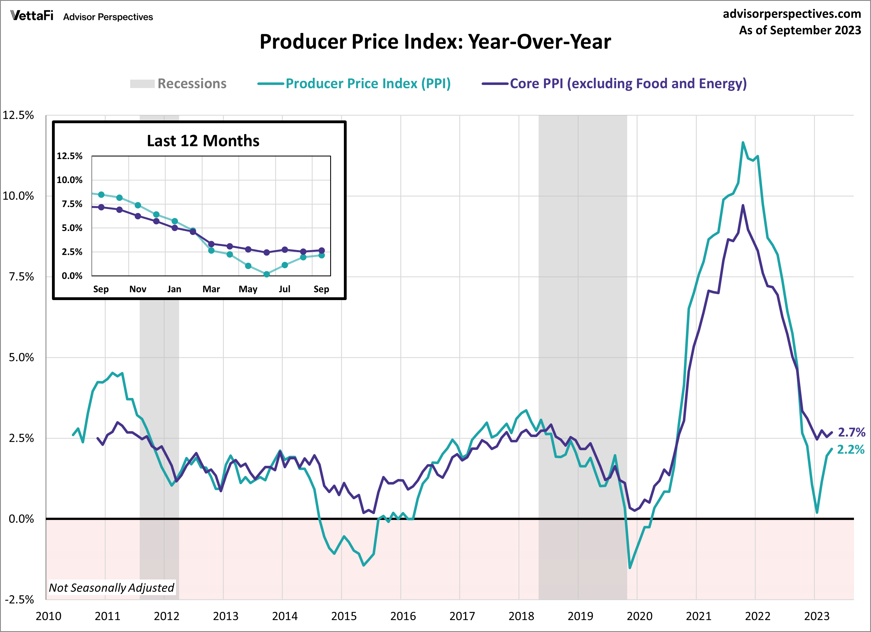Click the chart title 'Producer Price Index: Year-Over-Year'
tap(435, 42)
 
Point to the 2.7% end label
tap(851, 432)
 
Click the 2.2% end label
tap(851, 450)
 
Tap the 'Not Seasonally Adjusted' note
tap(111, 587)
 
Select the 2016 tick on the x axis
tap(403, 616)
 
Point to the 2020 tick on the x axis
tap(639, 616)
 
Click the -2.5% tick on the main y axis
tap(19, 600)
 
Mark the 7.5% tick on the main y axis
tap(21, 277)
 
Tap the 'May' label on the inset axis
tap(248, 289)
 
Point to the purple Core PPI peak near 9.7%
tap(743, 206)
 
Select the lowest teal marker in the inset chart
tap(266, 274)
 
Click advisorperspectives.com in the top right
tap(792, 14)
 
